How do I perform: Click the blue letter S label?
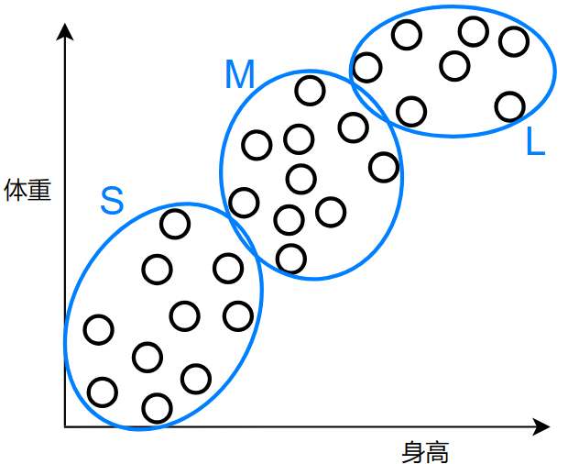point(111,201)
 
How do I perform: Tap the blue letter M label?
point(239,75)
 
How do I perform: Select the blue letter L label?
point(536,142)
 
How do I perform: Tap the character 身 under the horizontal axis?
point(413,452)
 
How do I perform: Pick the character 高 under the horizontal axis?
point(437,452)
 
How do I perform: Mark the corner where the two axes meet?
point(65,426)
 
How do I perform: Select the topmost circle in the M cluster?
point(310,91)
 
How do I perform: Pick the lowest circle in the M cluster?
point(290,259)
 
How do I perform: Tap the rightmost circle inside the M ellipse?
point(384,167)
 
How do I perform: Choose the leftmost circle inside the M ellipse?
point(244,202)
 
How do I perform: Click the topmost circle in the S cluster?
point(174,223)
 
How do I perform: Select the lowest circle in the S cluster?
point(158,407)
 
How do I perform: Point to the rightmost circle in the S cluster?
point(237,316)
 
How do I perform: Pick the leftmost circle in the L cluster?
point(366,67)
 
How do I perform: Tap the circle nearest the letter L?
point(509,106)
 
